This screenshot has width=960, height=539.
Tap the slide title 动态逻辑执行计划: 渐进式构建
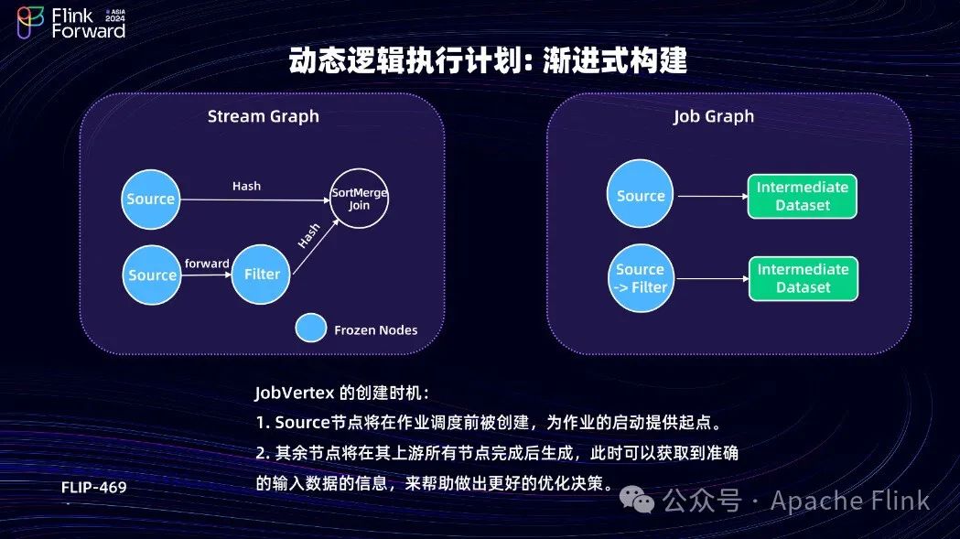pyautogui.click(x=488, y=62)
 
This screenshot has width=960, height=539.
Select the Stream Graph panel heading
pyautogui.click(x=264, y=116)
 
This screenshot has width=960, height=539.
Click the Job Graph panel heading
pyautogui.click(x=714, y=116)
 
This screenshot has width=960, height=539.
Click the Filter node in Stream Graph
pyautogui.click(x=262, y=274)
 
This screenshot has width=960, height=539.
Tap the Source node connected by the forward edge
pyautogui.click(x=152, y=275)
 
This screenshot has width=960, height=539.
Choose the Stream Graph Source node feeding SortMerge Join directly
pyautogui.click(x=151, y=199)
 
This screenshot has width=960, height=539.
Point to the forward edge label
pyautogui.click(x=207, y=264)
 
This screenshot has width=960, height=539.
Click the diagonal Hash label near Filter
pyautogui.click(x=308, y=236)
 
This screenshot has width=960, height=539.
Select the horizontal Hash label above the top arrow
pyautogui.click(x=246, y=186)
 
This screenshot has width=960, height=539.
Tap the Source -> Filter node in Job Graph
pyautogui.click(x=641, y=278)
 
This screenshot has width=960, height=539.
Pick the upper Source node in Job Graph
pyautogui.click(x=641, y=196)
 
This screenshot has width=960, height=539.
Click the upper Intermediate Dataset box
pyautogui.click(x=803, y=196)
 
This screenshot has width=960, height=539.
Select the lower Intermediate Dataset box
pyautogui.click(x=803, y=278)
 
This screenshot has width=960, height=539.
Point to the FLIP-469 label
pyautogui.click(x=94, y=487)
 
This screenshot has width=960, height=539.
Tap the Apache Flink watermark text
pyautogui.click(x=849, y=501)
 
